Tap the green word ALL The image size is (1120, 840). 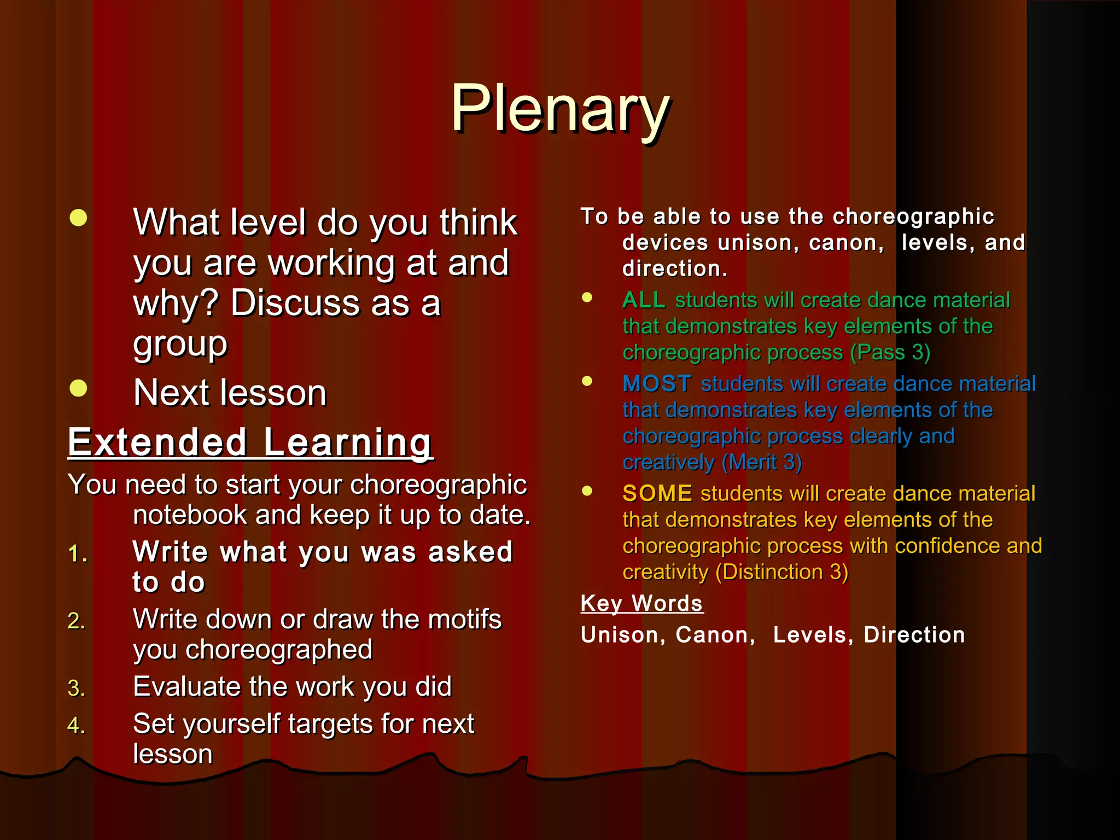point(644,300)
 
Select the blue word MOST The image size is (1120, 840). point(657,384)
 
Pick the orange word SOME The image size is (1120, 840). point(657,494)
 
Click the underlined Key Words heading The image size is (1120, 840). point(641,604)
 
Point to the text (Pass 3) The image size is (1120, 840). point(890,353)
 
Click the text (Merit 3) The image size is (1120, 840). point(761,463)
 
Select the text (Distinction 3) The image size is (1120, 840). point(781,573)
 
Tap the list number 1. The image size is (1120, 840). point(77,555)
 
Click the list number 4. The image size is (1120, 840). point(76,726)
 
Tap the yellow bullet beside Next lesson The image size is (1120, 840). point(78,388)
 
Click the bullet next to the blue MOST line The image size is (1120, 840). point(587,381)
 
